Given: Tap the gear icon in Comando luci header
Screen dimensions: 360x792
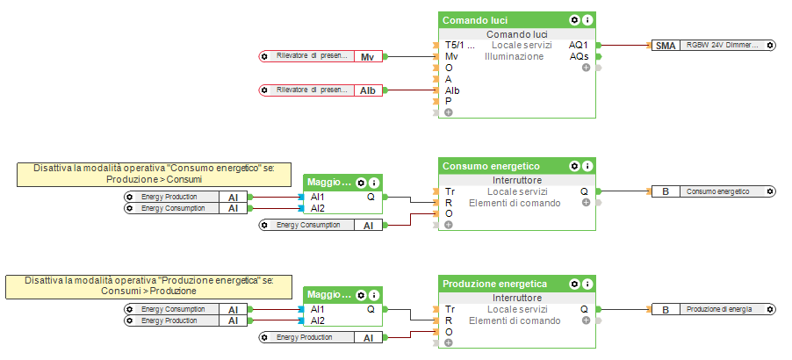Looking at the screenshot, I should (574, 19).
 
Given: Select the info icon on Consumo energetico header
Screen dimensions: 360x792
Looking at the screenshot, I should (588, 165).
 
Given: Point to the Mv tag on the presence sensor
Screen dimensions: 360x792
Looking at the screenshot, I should (367, 56).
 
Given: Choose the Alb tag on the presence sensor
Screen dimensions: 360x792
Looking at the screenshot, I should (367, 90).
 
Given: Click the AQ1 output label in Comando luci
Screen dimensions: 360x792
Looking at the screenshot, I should (579, 45).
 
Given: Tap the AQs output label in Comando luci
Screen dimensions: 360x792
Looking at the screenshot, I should (579, 56).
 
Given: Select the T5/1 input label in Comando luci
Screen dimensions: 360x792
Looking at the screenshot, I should (459, 45).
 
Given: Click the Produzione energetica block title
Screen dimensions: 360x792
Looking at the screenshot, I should (494, 284).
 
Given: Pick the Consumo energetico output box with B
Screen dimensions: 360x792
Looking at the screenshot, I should (713, 191).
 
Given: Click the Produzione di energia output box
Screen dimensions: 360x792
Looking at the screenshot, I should (713, 309).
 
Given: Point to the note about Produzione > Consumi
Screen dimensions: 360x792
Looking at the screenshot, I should (154, 173).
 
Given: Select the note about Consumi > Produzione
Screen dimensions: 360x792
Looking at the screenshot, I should (140, 285).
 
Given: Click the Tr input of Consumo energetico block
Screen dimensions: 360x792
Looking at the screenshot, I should (450, 191).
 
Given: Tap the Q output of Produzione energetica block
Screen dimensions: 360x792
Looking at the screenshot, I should (584, 309).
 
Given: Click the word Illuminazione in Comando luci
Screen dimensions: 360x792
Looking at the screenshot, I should (514, 56).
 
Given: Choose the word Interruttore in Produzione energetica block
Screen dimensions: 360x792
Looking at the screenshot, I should (516, 298).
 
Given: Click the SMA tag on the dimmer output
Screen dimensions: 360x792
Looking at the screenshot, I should (666, 45).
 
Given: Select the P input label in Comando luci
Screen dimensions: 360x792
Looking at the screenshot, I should (449, 101).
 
